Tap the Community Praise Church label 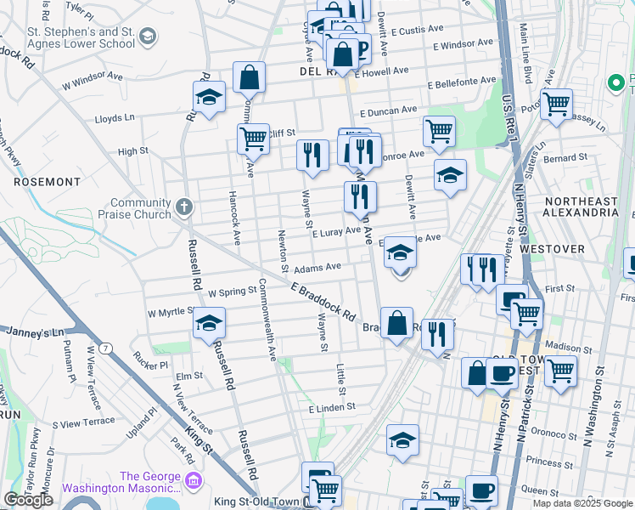coord(141,208)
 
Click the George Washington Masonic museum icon coord(193,482)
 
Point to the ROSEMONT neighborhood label coord(47,182)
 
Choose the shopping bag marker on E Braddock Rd coord(396,324)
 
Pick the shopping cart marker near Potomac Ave coord(557,104)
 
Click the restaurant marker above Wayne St coord(312,155)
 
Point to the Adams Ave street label coord(317,267)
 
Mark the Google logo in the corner coord(28,500)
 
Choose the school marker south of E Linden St coord(402,440)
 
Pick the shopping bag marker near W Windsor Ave coord(249,78)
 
